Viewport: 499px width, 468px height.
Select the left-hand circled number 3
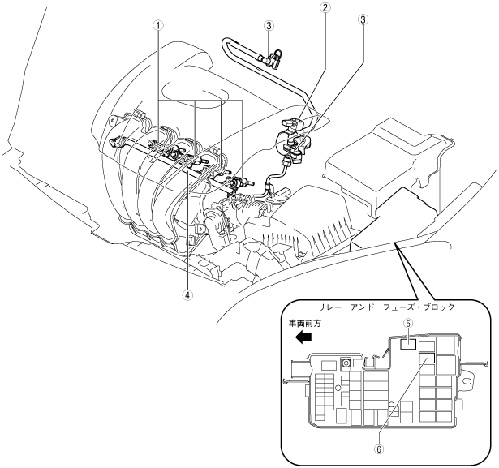pos(268,24)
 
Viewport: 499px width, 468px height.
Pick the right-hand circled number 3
pos(363,19)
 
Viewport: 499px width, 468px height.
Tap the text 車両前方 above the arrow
pos(305,323)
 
